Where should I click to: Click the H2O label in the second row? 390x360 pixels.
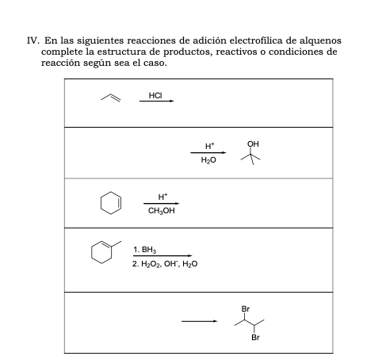pyautogui.click(x=208, y=160)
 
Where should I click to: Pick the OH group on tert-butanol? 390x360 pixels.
pyautogui.click(x=253, y=143)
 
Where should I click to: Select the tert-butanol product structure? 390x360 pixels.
pyautogui.click(x=253, y=155)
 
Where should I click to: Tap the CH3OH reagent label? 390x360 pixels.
pyautogui.click(x=162, y=211)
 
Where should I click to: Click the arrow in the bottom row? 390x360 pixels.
pyautogui.click(x=198, y=321)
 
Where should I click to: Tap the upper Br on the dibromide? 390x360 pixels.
pyautogui.click(x=246, y=308)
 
